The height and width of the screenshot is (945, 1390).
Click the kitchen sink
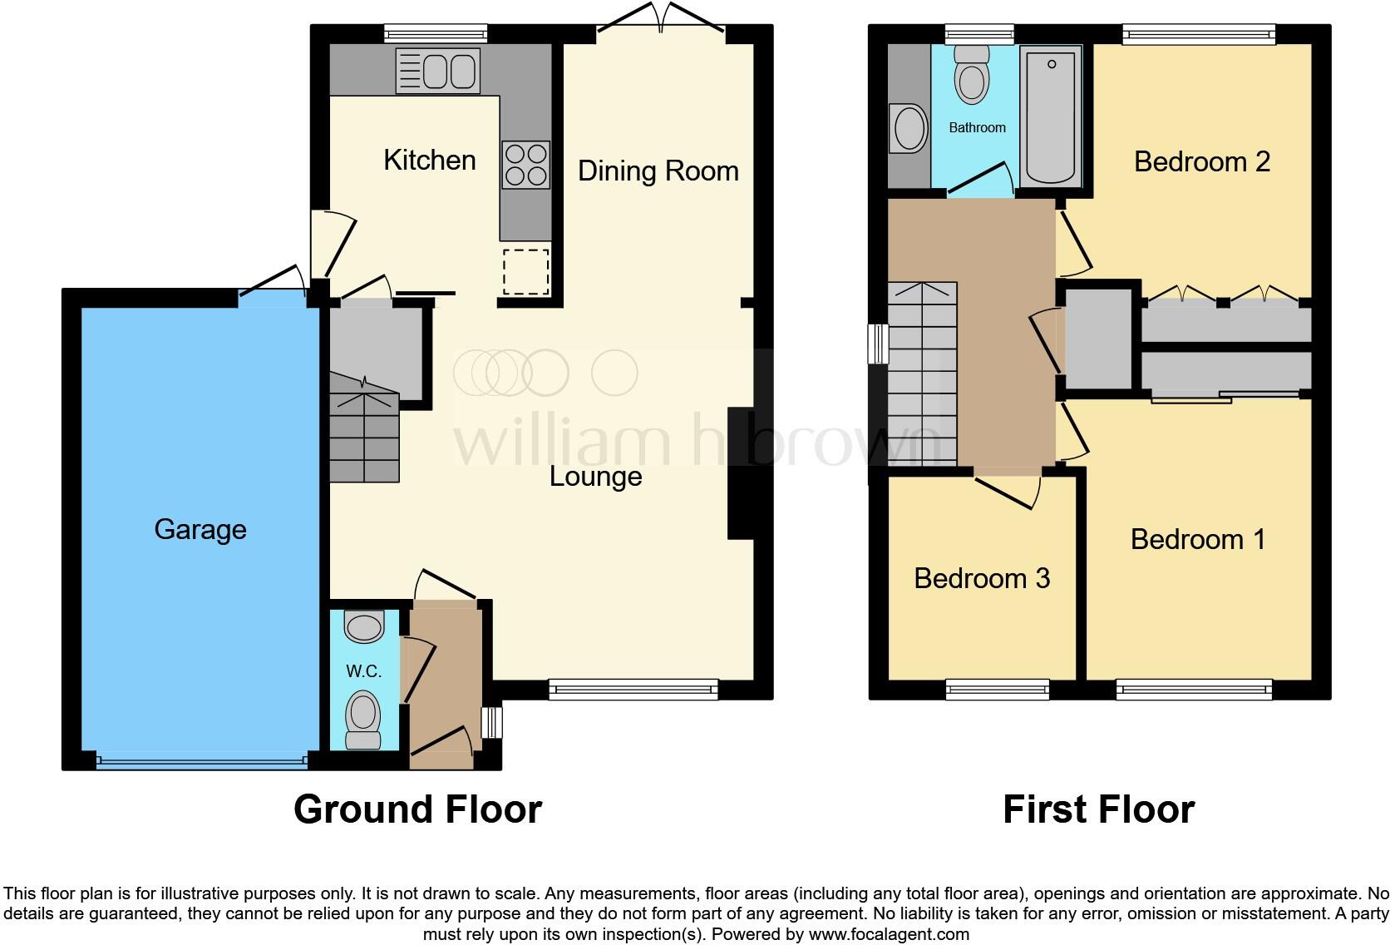click(438, 70)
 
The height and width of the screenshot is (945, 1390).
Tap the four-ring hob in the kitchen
click(526, 165)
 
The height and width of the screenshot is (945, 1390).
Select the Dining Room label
click(658, 171)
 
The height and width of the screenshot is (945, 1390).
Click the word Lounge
click(595, 477)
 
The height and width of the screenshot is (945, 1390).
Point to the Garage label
click(200, 530)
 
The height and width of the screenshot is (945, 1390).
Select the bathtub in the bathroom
click(1051, 116)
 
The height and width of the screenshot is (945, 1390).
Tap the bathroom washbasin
click(907, 130)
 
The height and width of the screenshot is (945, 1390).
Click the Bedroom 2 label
click(1201, 161)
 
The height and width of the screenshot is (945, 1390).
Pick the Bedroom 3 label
click(982, 578)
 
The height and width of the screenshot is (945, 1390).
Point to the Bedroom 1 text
click(1197, 539)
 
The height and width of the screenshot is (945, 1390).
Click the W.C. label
click(363, 671)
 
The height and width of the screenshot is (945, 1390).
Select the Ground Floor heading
click(417, 809)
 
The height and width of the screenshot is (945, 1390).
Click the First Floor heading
click(1098, 809)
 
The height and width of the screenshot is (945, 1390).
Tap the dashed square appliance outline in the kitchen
click(525, 270)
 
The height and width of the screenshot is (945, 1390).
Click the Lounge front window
click(633, 688)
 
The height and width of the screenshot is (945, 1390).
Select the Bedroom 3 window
click(997, 688)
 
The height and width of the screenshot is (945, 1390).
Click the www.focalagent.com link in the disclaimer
click(888, 934)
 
